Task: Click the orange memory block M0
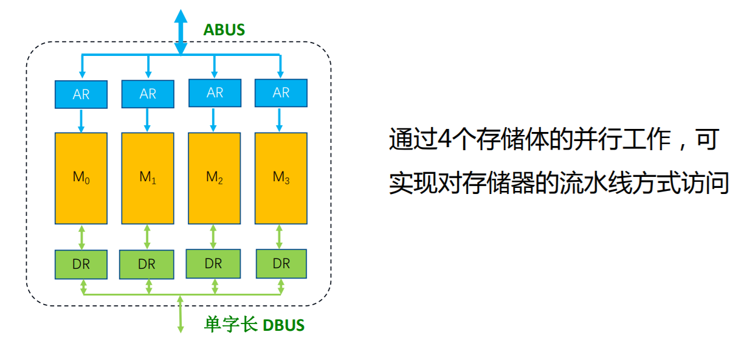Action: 81,178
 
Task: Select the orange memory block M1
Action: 148,178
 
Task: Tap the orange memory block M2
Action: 214,178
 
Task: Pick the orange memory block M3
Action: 281,178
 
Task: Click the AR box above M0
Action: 81,94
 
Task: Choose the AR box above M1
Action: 148,94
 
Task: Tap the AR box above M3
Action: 281,93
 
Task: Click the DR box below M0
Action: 81,264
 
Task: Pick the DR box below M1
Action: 146,265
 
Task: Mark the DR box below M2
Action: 213,264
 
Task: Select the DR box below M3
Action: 281,264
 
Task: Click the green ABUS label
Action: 224,29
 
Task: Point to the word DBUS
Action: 283,325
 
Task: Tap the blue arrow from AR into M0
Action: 81,120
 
